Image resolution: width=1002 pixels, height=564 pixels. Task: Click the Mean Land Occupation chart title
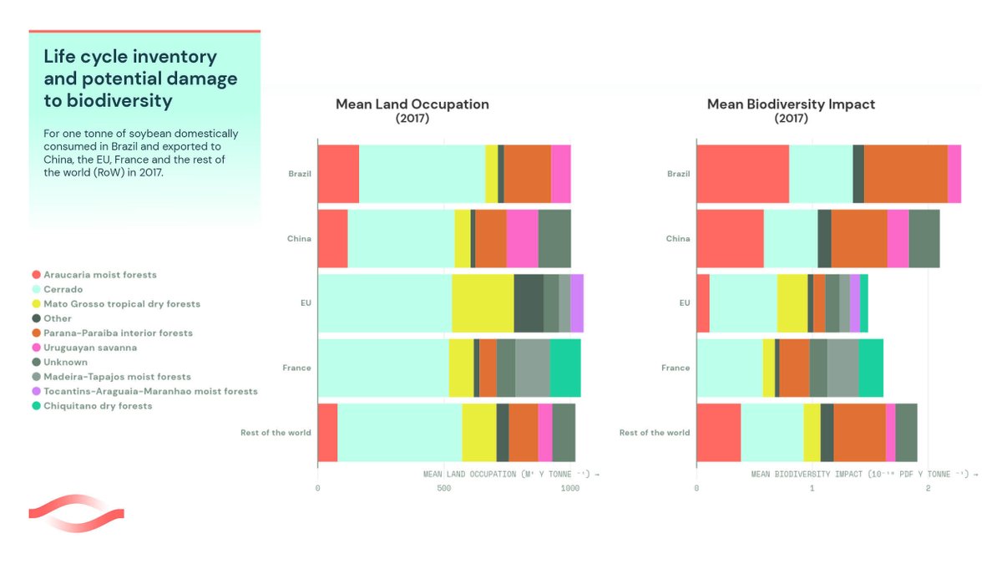pyautogui.click(x=412, y=104)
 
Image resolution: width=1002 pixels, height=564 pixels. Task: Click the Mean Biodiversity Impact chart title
pyautogui.click(x=791, y=104)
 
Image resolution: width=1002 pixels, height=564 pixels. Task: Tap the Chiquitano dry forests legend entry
pyautogui.click(x=98, y=406)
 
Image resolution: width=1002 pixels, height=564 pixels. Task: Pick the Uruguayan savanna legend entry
pyautogui.click(x=90, y=348)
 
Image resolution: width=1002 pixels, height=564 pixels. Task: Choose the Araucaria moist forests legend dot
pyautogui.click(x=36, y=275)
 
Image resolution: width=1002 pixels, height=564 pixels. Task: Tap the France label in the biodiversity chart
pyautogui.click(x=676, y=368)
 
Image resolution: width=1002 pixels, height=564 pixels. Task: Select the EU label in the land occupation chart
pyautogui.click(x=305, y=302)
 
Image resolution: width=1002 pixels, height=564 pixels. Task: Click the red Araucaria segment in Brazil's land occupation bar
pyautogui.click(x=338, y=173)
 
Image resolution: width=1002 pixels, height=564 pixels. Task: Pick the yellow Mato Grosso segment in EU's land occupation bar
pyautogui.click(x=482, y=302)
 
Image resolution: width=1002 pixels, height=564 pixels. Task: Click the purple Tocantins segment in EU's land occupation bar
pyautogui.click(x=577, y=302)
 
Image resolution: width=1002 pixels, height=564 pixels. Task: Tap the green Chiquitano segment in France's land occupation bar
pyautogui.click(x=564, y=368)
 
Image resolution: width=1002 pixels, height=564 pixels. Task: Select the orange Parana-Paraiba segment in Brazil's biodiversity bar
pyautogui.click(x=905, y=173)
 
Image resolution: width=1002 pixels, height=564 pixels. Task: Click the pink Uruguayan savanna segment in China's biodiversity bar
pyautogui.click(x=898, y=238)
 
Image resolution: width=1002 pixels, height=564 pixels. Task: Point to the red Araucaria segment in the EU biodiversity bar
pyautogui.click(x=702, y=302)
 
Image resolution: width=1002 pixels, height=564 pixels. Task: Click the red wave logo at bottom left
pyautogui.click(x=76, y=512)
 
